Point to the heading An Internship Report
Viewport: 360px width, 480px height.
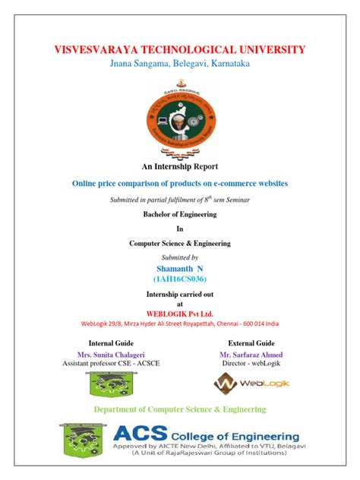point(180,166)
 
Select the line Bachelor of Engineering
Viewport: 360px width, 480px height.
point(180,215)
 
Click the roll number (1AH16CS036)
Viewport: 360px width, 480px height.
point(180,280)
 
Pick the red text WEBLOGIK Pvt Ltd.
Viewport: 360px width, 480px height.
point(180,313)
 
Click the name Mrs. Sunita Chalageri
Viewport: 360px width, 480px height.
point(111,355)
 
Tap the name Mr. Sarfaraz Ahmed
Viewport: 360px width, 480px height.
point(251,355)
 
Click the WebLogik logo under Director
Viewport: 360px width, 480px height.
point(251,384)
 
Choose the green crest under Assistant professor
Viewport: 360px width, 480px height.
point(111,384)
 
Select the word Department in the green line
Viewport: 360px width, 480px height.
point(120,409)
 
